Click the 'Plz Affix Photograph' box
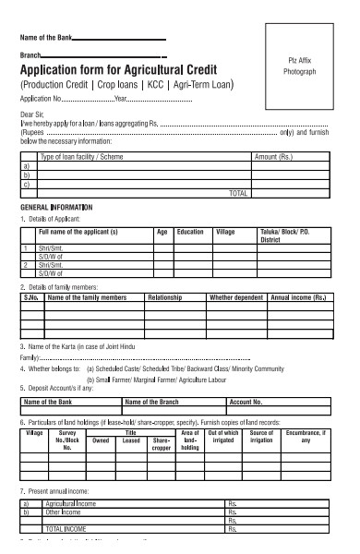[302, 66]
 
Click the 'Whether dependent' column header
[236, 298]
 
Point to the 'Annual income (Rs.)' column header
[299, 298]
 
